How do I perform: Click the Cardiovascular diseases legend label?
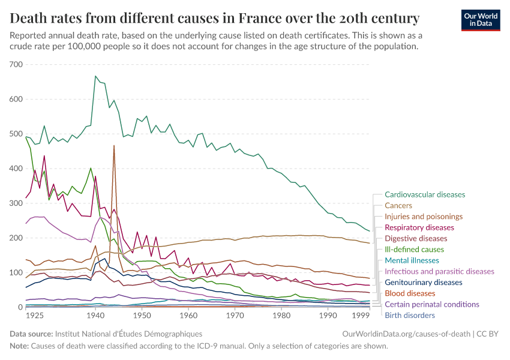coord(424,194)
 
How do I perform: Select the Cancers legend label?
coord(398,205)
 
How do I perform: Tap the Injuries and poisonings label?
coord(424,217)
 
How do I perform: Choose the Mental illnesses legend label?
coord(412,260)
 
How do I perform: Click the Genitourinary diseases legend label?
coord(423,282)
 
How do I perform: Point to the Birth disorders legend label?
coord(409,315)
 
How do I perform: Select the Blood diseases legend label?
coord(410,293)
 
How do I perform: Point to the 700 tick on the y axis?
coord(16,64)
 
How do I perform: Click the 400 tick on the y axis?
coord(16,169)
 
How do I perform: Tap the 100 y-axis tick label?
coord(16,273)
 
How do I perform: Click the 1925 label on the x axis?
coord(35,315)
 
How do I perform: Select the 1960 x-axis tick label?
coord(188,315)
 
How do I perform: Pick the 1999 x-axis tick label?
coord(359,315)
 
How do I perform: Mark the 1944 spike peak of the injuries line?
coord(114,146)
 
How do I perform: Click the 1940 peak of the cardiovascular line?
coord(95,76)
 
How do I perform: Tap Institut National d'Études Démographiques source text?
coord(128,333)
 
